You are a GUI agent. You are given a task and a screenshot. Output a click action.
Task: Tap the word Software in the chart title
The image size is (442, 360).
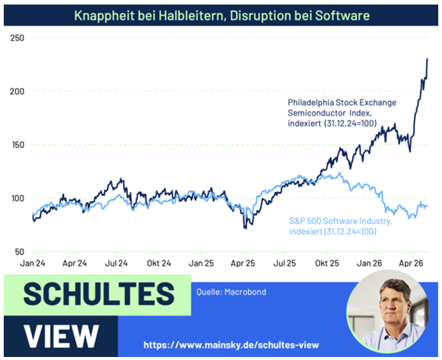[x=342, y=16]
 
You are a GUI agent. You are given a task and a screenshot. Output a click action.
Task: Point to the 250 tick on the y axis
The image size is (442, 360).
[x=17, y=37]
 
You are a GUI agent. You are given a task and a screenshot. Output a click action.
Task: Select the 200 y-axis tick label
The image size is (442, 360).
[x=17, y=91]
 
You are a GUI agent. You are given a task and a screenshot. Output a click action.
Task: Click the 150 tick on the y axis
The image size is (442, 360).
[x=17, y=145]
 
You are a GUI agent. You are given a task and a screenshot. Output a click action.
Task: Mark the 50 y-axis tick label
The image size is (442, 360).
[x=19, y=252]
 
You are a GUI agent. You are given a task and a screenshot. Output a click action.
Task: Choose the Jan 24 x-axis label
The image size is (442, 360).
[x=32, y=263]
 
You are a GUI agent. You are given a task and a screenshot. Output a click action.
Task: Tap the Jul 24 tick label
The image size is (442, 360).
[x=116, y=263]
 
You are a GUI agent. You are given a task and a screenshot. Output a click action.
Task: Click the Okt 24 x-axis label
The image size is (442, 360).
[x=159, y=263]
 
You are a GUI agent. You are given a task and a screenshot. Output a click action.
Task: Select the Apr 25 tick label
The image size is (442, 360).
[x=243, y=263]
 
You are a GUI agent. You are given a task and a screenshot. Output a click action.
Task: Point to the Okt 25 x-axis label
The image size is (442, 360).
[x=327, y=263]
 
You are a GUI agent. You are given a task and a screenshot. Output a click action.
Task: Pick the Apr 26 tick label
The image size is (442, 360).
[x=411, y=263]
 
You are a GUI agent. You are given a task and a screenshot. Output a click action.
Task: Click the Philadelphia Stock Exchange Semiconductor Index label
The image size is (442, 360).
[x=342, y=112]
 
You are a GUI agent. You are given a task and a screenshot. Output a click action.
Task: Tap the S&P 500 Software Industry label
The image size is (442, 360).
[x=341, y=226]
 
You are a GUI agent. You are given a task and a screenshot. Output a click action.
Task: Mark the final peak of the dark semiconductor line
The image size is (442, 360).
[x=427, y=58]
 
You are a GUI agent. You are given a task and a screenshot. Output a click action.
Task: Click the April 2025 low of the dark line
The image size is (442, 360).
[x=245, y=228]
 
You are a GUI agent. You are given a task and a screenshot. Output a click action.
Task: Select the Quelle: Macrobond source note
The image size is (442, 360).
[x=231, y=292]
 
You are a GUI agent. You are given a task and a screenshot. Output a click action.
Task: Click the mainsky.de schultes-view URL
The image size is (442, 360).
[x=231, y=345]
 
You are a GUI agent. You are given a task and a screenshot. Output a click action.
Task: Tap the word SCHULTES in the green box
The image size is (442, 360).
[x=99, y=294]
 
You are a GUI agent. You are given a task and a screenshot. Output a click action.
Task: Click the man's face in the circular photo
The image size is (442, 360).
[x=393, y=303]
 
